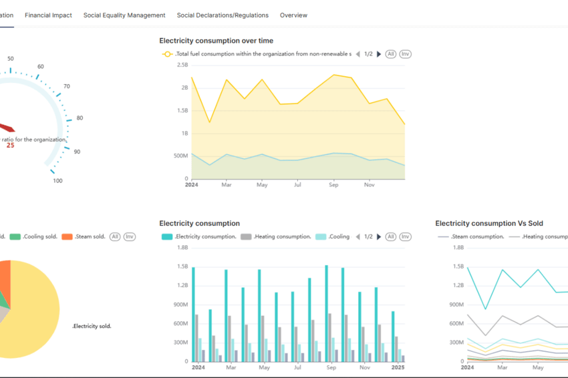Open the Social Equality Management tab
[x=124, y=15]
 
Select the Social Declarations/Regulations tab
[x=223, y=15]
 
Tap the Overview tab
[x=294, y=15]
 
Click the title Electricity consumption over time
[x=216, y=41]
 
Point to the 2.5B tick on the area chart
[x=182, y=65]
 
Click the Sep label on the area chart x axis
[x=333, y=185]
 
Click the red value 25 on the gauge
[x=10, y=145]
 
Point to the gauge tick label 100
[x=57, y=181]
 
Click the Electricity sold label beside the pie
[x=92, y=326]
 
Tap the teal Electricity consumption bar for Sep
[x=326, y=314]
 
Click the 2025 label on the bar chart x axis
[x=398, y=367]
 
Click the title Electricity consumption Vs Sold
[x=489, y=224]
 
